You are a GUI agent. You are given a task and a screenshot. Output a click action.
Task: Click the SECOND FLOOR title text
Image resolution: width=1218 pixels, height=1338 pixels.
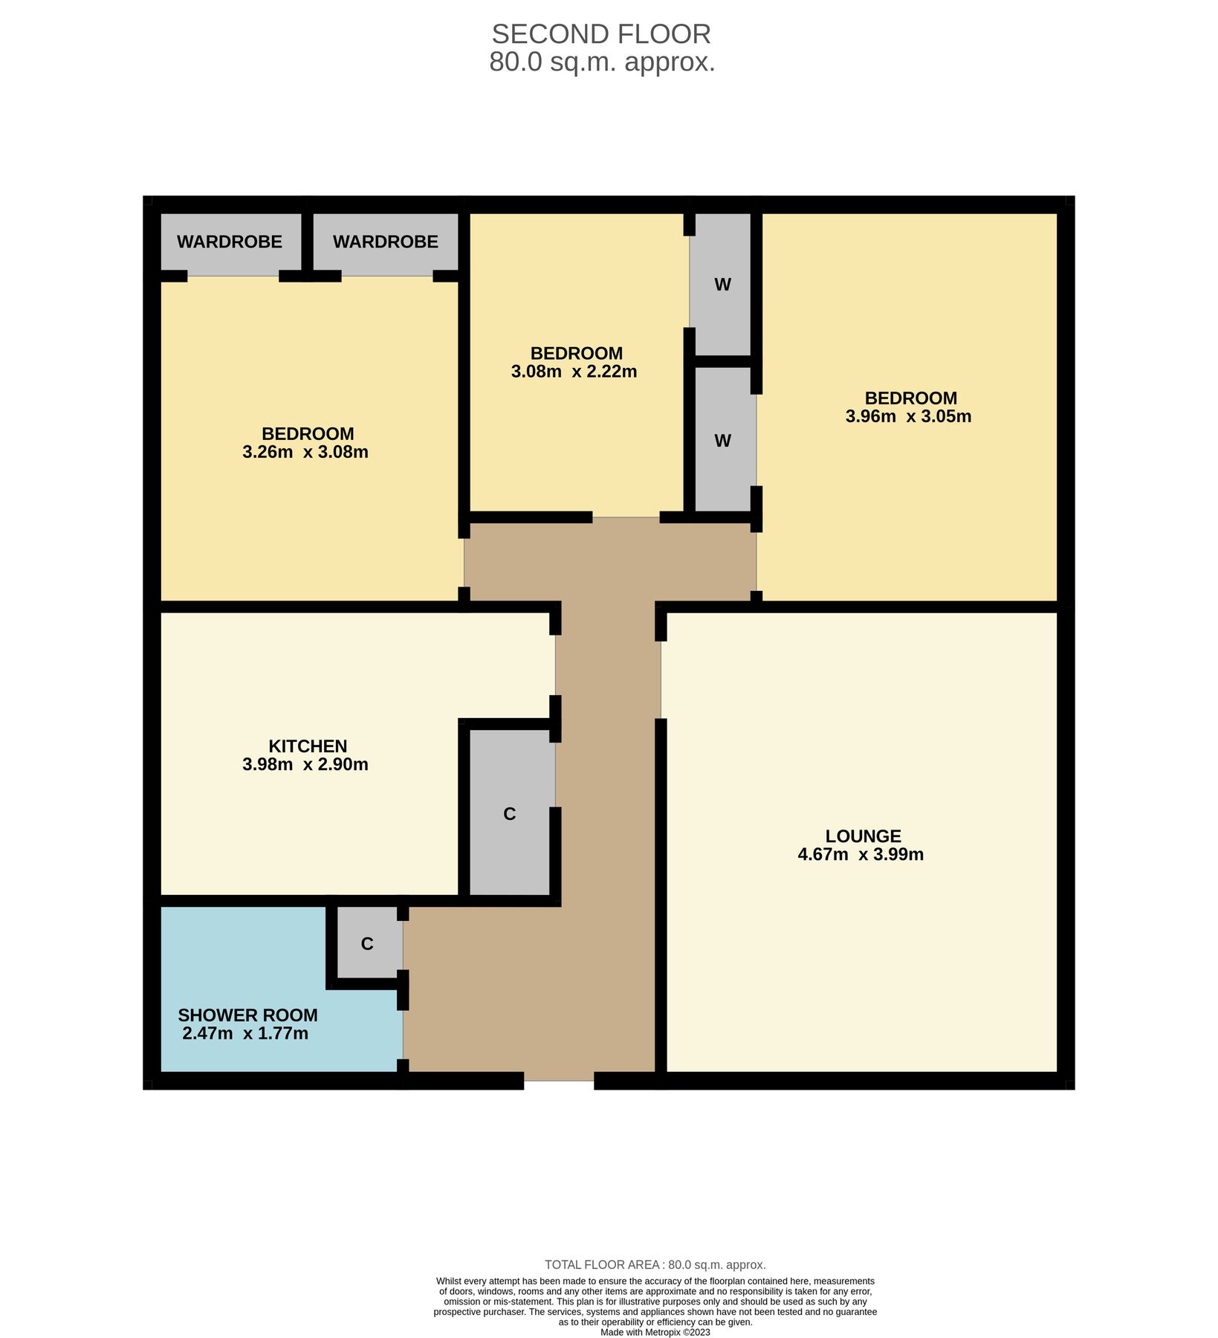(x=601, y=34)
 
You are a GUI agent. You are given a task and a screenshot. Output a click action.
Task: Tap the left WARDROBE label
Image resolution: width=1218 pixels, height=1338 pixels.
(x=230, y=242)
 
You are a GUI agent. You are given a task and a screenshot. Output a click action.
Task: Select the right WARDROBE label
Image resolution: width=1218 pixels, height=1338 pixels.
(x=385, y=242)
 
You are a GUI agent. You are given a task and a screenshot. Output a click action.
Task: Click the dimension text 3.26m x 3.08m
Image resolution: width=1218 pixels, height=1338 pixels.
(x=305, y=452)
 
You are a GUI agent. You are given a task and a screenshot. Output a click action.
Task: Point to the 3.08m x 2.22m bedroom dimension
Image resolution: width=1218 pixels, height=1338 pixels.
(x=574, y=372)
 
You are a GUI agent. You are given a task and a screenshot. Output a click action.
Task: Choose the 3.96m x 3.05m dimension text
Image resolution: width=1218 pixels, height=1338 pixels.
(x=908, y=416)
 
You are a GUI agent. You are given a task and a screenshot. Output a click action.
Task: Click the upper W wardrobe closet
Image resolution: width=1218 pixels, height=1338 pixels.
(x=722, y=284)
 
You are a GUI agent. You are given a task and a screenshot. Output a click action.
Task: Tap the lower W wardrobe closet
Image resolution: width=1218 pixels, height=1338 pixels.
(x=722, y=441)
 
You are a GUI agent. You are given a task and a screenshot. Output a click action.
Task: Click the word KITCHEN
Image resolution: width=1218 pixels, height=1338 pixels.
(x=308, y=746)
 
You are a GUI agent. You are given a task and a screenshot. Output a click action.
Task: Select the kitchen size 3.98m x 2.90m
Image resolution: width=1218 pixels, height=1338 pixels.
(x=305, y=764)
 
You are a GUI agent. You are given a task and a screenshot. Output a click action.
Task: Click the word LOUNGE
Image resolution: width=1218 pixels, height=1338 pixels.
(x=863, y=836)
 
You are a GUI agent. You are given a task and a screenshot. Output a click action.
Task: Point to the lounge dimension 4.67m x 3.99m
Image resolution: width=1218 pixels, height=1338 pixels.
(x=861, y=855)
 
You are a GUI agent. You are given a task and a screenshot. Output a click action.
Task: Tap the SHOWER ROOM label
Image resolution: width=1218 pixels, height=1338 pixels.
(x=247, y=1015)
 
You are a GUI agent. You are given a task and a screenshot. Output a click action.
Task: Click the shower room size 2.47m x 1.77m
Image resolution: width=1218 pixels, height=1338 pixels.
(x=245, y=1033)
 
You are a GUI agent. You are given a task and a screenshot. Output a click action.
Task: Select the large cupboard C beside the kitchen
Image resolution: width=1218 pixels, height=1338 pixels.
(x=510, y=814)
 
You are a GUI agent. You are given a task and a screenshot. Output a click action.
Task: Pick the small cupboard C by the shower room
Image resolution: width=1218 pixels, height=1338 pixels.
(x=367, y=944)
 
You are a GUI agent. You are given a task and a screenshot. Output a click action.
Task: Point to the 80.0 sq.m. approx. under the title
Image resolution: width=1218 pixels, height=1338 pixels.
(x=602, y=62)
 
